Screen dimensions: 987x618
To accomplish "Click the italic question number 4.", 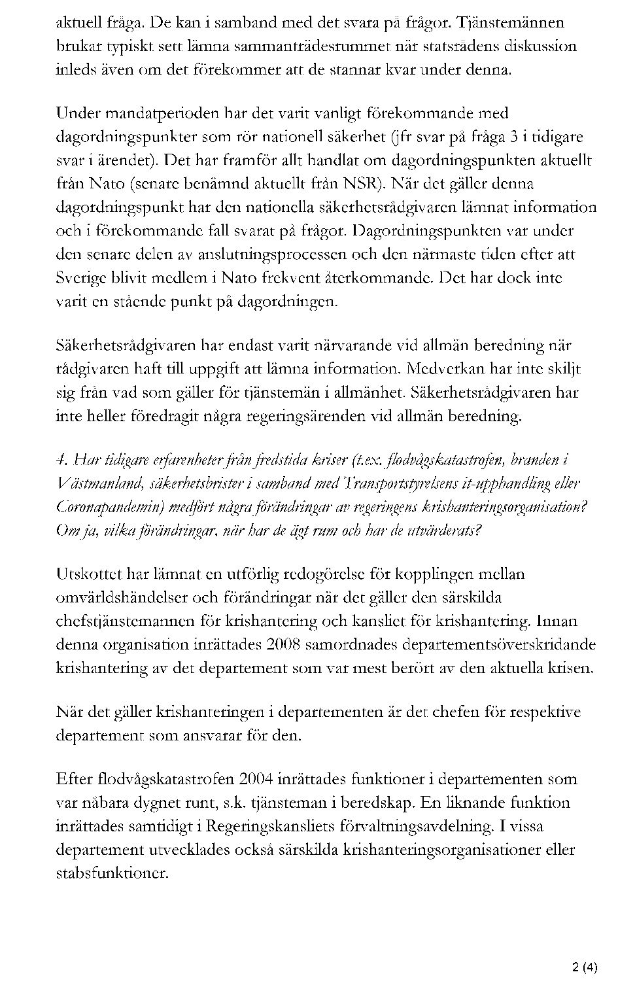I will coord(63,460).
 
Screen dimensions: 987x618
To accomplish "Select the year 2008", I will coord(283,645).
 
